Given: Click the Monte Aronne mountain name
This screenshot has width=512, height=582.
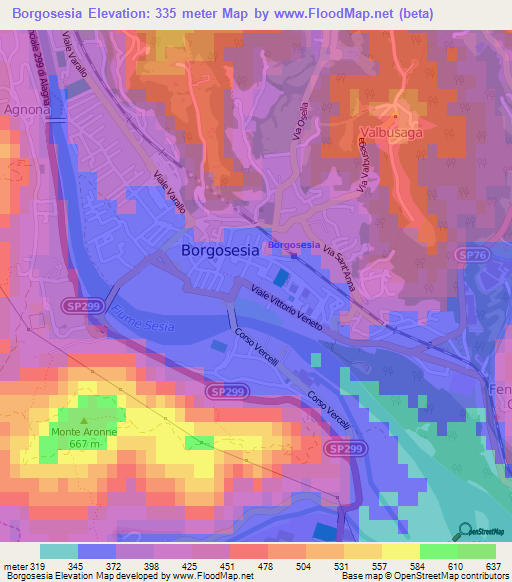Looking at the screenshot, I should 84,432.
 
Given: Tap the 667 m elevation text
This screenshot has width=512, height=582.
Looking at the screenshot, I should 84,443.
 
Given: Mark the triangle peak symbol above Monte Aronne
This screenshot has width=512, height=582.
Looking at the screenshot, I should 84,421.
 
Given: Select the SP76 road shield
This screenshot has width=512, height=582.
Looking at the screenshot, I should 475,255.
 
